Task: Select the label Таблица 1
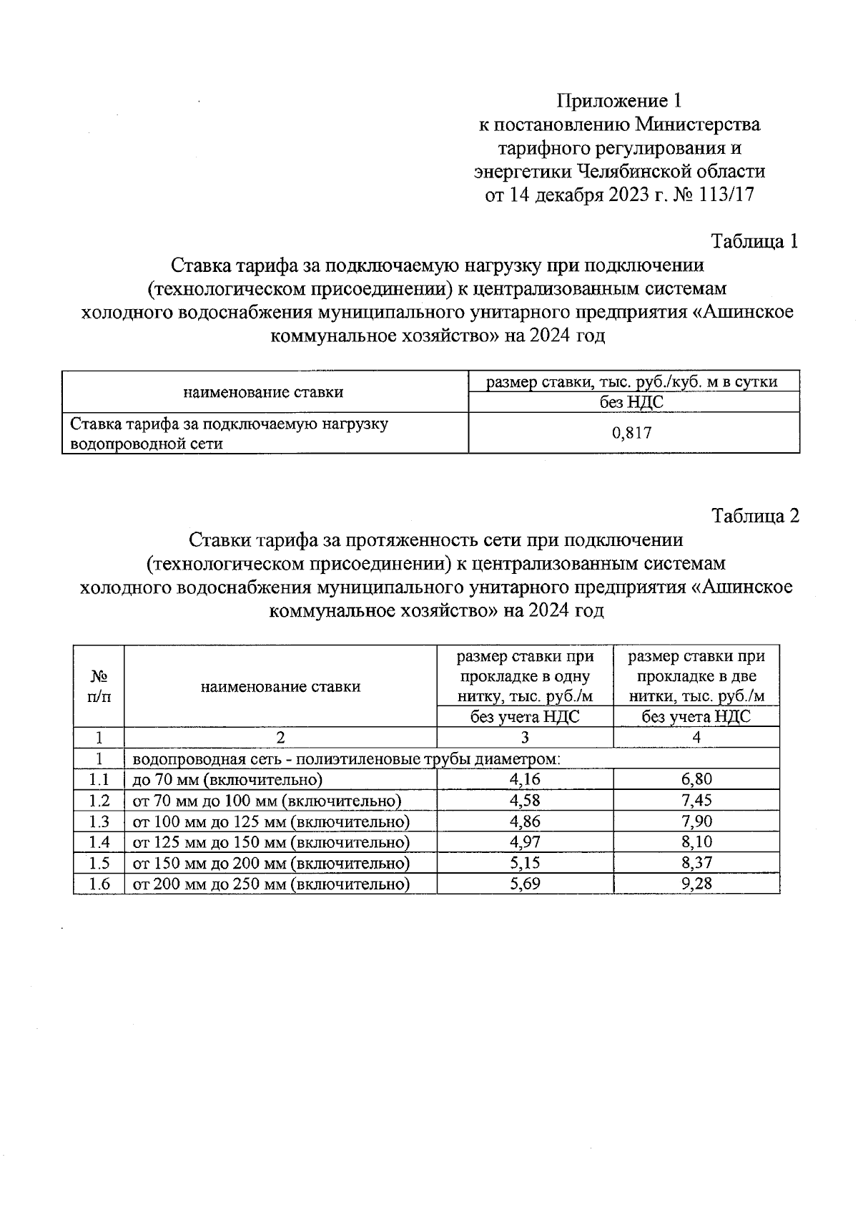pos(754,241)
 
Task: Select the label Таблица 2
pos(754,515)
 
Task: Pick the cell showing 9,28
pos(696,884)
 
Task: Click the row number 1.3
pos(99,821)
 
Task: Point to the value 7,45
pos(696,800)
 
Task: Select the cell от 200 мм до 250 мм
pos(272,884)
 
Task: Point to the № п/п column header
pos(99,686)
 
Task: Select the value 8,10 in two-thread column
pos(696,842)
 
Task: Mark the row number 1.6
pos(99,884)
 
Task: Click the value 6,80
pos(696,779)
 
